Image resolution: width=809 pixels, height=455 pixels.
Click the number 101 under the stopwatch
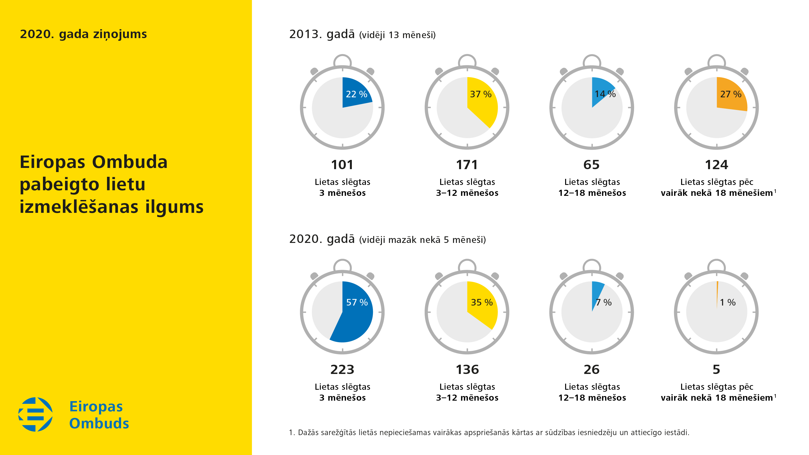click(x=342, y=165)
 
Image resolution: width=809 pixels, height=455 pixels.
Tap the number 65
click(x=591, y=165)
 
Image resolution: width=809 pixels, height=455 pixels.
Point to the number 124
click(x=716, y=165)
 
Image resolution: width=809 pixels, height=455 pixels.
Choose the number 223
click(x=342, y=370)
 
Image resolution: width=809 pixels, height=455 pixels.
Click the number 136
click(x=467, y=370)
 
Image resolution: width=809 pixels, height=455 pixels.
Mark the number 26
click(x=591, y=370)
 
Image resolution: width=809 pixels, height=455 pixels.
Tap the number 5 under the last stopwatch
click(x=716, y=370)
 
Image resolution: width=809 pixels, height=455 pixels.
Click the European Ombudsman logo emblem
click(x=35, y=414)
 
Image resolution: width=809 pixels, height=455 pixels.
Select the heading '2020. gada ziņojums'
click(x=83, y=34)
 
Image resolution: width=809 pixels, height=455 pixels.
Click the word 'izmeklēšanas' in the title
click(x=79, y=207)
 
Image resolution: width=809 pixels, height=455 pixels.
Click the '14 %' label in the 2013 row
click(x=605, y=94)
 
